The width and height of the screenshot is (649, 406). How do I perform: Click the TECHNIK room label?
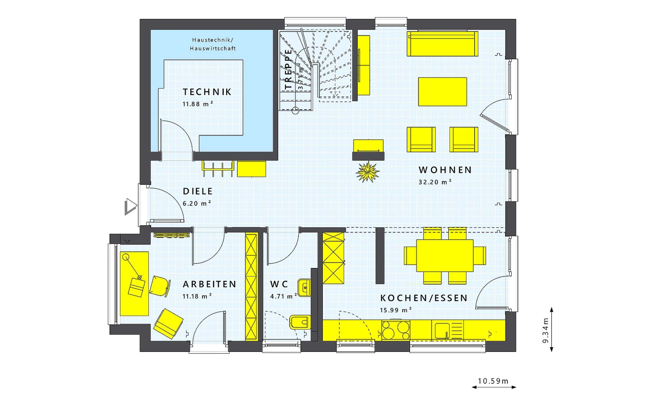click(x=207, y=92)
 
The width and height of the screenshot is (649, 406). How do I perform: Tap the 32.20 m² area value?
click(x=435, y=182)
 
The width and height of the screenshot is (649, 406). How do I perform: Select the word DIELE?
click(x=198, y=191)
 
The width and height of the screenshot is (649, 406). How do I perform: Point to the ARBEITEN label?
click(x=209, y=284)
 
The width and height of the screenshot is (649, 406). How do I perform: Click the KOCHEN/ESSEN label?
click(x=424, y=298)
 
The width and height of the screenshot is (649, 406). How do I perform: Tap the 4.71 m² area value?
click(x=284, y=296)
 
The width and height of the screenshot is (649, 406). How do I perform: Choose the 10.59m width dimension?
click(x=493, y=381)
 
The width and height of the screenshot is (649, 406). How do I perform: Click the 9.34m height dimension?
click(x=546, y=330)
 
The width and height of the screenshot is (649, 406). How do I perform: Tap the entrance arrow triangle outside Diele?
click(x=131, y=207)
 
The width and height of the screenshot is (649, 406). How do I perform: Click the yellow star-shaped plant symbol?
click(x=367, y=172)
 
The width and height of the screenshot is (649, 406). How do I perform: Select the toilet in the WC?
click(x=301, y=322)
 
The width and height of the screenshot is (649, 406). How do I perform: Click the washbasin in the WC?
click(x=305, y=288)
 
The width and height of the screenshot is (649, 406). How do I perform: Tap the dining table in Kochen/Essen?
click(x=445, y=255)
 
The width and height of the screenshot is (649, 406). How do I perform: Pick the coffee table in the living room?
click(x=443, y=92)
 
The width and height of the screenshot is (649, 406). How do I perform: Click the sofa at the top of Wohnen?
click(x=443, y=44)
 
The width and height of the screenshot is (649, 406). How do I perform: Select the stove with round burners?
click(x=396, y=330)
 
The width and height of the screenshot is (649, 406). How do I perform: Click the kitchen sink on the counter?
click(x=448, y=330)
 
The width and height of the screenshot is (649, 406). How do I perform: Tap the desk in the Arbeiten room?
click(x=134, y=284)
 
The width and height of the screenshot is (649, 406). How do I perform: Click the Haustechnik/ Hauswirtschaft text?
click(x=213, y=44)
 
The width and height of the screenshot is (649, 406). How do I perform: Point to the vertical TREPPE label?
click(x=288, y=69)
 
